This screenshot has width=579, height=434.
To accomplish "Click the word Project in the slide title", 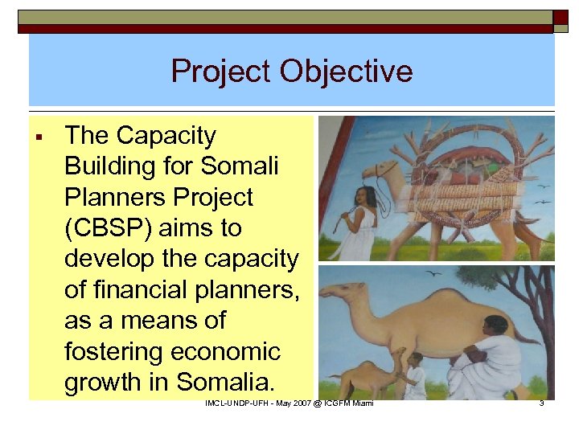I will [220, 72].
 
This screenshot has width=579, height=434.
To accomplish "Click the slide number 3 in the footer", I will [541, 403].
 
